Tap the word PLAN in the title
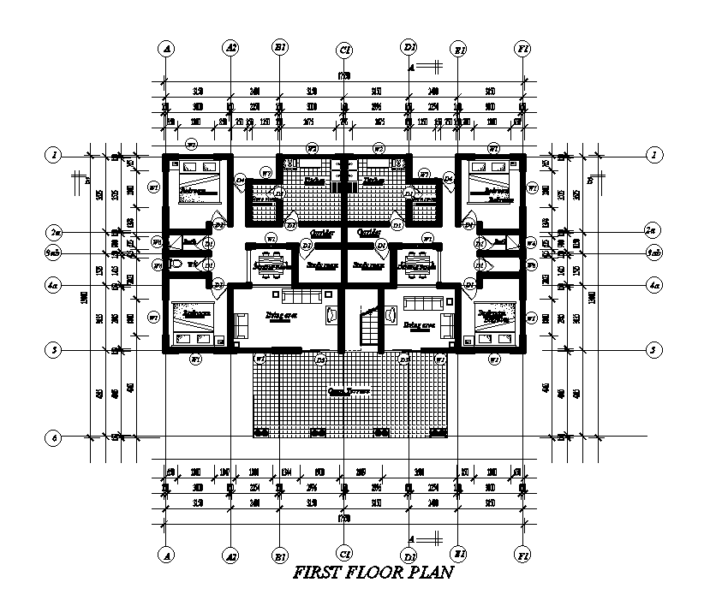[x=427, y=573]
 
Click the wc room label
[x=194, y=264]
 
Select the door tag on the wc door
[x=218, y=284]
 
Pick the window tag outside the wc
[x=157, y=266]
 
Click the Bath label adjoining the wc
[x=188, y=242]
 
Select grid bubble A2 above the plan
[x=230, y=48]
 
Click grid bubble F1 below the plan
[x=521, y=555]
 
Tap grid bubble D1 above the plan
[x=410, y=48]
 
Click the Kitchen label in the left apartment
[x=313, y=181]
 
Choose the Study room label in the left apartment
[x=319, y=265]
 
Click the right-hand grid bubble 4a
[x=654, y=284]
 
